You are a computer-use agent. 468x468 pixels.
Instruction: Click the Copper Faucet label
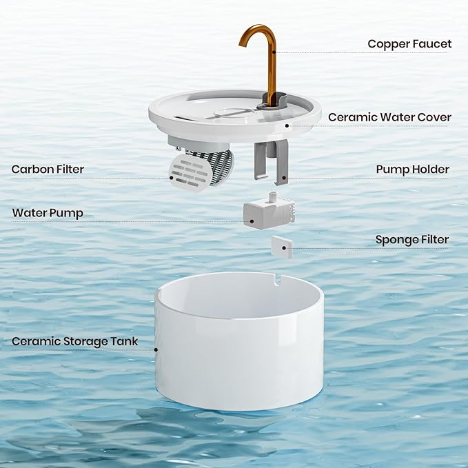point(409,44)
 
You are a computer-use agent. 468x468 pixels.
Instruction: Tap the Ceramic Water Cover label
point(389,117)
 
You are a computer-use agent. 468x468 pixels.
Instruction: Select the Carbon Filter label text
point(48,170)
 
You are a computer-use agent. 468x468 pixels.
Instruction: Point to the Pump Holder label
point(412,170)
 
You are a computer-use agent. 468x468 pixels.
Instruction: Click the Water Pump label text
point(48,213)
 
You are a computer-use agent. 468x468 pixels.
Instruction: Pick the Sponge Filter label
point(411,240)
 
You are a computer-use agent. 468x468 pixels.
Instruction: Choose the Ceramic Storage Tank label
point(75,341)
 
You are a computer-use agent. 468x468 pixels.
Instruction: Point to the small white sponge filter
point(281,246)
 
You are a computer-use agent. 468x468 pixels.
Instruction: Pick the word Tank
point(124,341)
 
